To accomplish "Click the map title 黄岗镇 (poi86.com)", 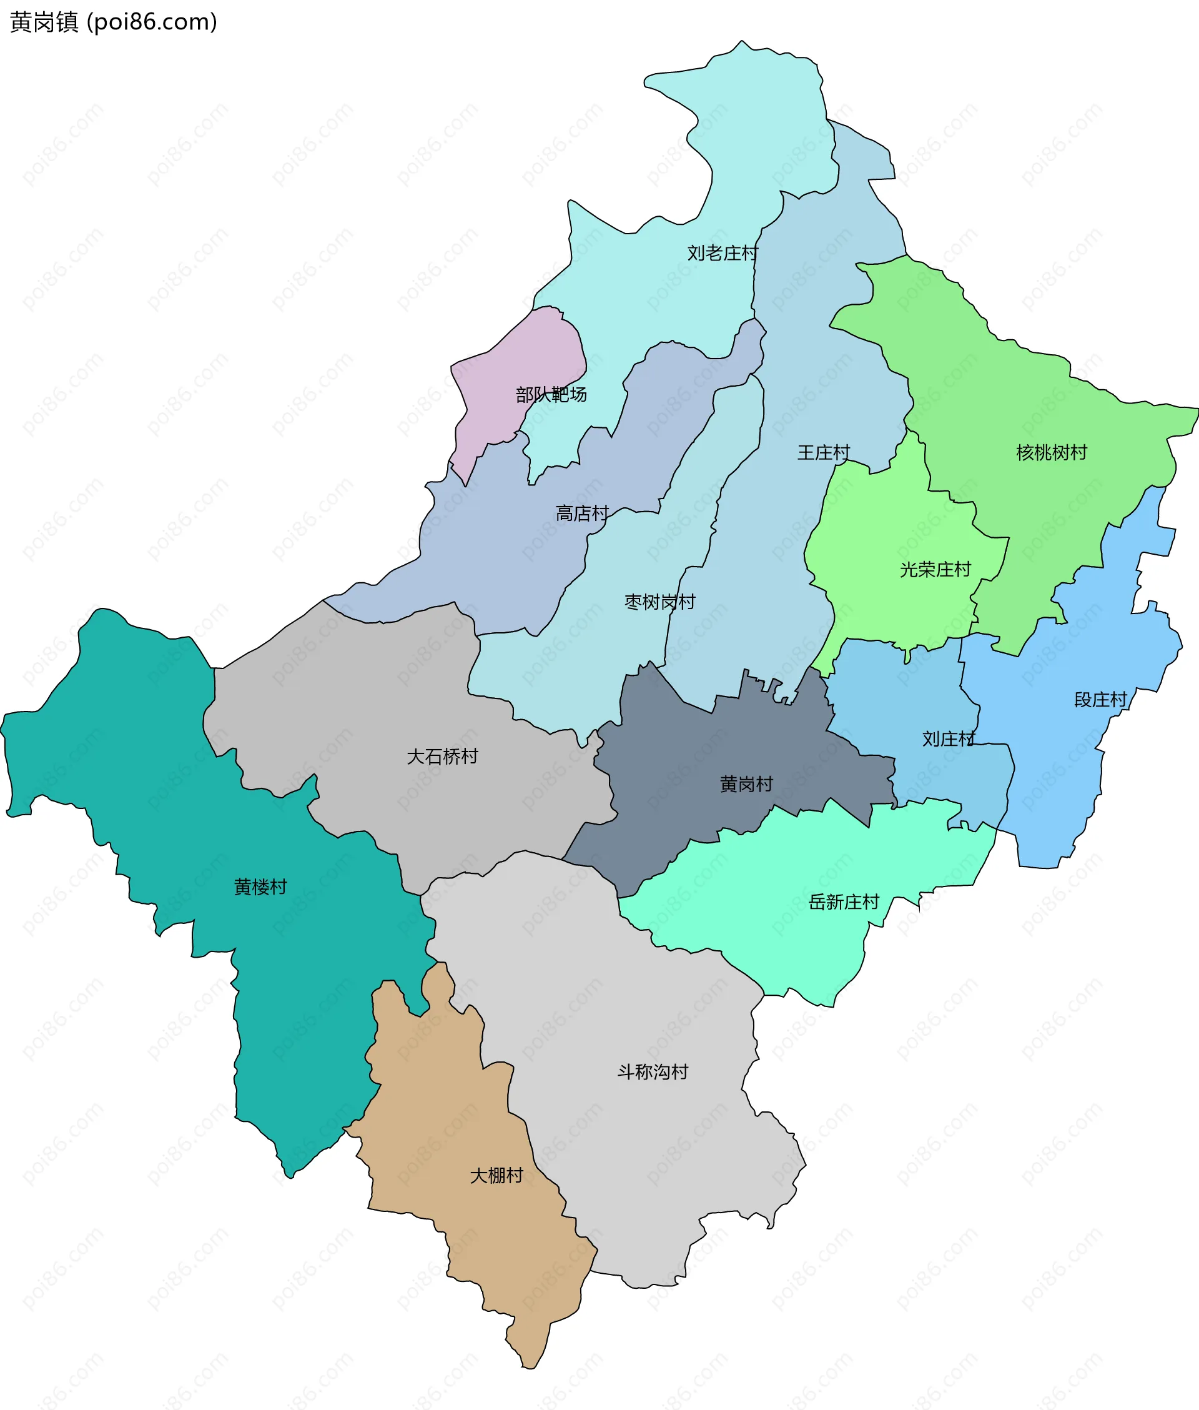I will (x=114, y=22).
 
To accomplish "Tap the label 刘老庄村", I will (x=722, y=254).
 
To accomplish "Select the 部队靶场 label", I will (x=551, y=395).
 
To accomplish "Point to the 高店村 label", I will (x=582, y=514).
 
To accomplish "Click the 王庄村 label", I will (x=823, y=453).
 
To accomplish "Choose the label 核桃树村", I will (x=1051, y=453).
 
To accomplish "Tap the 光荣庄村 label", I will (x=935, y=570).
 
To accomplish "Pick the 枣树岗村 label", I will (x=659, y=602).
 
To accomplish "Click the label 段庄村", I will (x=1100, y=700).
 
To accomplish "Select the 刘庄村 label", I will (x=948, y=739).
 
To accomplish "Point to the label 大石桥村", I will (x=442, y=757).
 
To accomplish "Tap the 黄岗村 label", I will (x=746, y=785).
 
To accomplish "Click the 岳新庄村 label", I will (x=844, y=902).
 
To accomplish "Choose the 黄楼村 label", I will (x=260, y=887).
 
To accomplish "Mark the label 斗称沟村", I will (x=653, y=1072).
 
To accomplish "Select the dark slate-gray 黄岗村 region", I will (x=679, y=816).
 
